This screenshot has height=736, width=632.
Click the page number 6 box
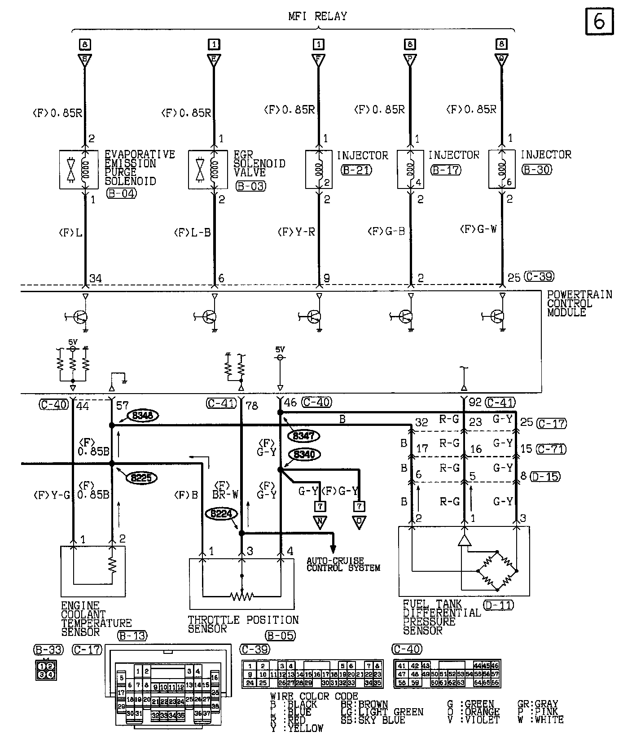click(599, 21)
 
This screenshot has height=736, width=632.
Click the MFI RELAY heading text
click(317, 17)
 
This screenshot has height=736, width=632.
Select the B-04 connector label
click(121, 193)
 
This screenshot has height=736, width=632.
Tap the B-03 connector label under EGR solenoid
click(250, 186)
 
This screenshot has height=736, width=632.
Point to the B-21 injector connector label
click(356, 170)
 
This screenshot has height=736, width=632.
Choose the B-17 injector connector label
click(445, 170)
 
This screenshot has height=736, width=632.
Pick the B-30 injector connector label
click(536, 170)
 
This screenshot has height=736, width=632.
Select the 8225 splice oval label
click(142, 478)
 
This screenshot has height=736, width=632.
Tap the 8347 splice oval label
click(304, 436)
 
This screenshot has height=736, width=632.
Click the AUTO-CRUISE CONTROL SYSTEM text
click(343, 565)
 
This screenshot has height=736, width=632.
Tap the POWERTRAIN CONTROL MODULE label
click(579, 303)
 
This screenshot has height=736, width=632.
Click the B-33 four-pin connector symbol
click(46, 670)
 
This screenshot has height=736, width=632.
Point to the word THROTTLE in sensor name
click(213, 620)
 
